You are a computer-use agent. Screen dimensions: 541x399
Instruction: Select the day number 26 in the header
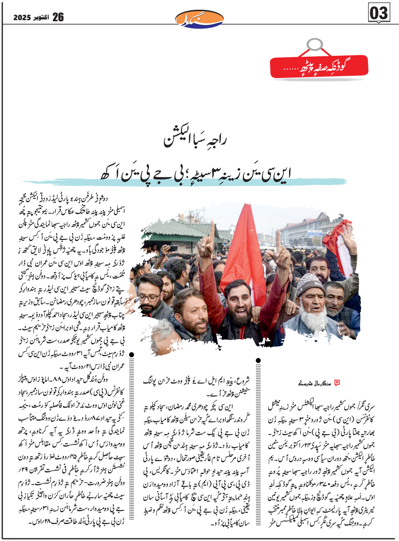click(58, 17)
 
